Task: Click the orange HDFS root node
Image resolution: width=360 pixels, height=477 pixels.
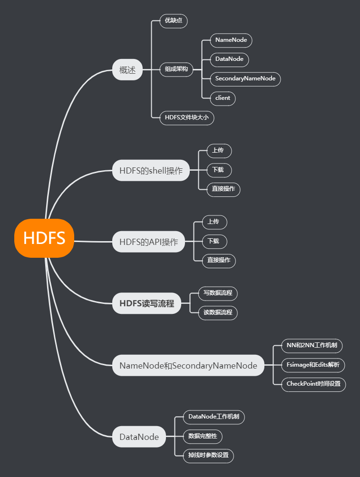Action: [44, 238]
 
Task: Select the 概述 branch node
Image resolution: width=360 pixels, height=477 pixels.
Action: [127, 70]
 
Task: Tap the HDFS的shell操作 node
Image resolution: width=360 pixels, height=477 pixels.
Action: [151, 171]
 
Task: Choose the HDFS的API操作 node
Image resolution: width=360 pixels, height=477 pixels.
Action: [148, 242]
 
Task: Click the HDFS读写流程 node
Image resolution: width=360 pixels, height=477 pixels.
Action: [146, 303]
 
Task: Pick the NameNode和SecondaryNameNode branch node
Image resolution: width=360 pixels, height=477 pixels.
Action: [188, 366]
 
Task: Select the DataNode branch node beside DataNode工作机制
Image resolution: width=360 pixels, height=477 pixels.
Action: [139, 437]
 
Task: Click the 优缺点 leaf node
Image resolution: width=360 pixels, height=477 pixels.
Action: [174, 21]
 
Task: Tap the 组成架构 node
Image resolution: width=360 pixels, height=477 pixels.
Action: [176, 69]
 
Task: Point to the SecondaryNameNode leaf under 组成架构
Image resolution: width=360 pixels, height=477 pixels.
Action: [245, 78]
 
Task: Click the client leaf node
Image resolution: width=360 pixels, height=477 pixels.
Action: [223, 98]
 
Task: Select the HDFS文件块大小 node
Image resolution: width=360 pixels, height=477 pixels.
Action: [186, 117]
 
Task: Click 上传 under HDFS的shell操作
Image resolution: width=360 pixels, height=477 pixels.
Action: [219, 151]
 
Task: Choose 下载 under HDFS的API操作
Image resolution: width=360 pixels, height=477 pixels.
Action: [214, 241]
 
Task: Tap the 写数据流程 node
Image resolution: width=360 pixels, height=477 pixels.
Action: [217, 293]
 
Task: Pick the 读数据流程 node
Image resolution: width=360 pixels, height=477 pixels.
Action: [217, 312]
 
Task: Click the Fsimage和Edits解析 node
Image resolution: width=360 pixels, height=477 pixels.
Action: [312, 365]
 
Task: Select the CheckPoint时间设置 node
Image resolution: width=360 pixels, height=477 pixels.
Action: [313, 384]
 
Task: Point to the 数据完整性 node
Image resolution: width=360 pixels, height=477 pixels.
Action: [203, 436]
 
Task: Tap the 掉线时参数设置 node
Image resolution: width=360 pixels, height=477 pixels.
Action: [208, 455]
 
